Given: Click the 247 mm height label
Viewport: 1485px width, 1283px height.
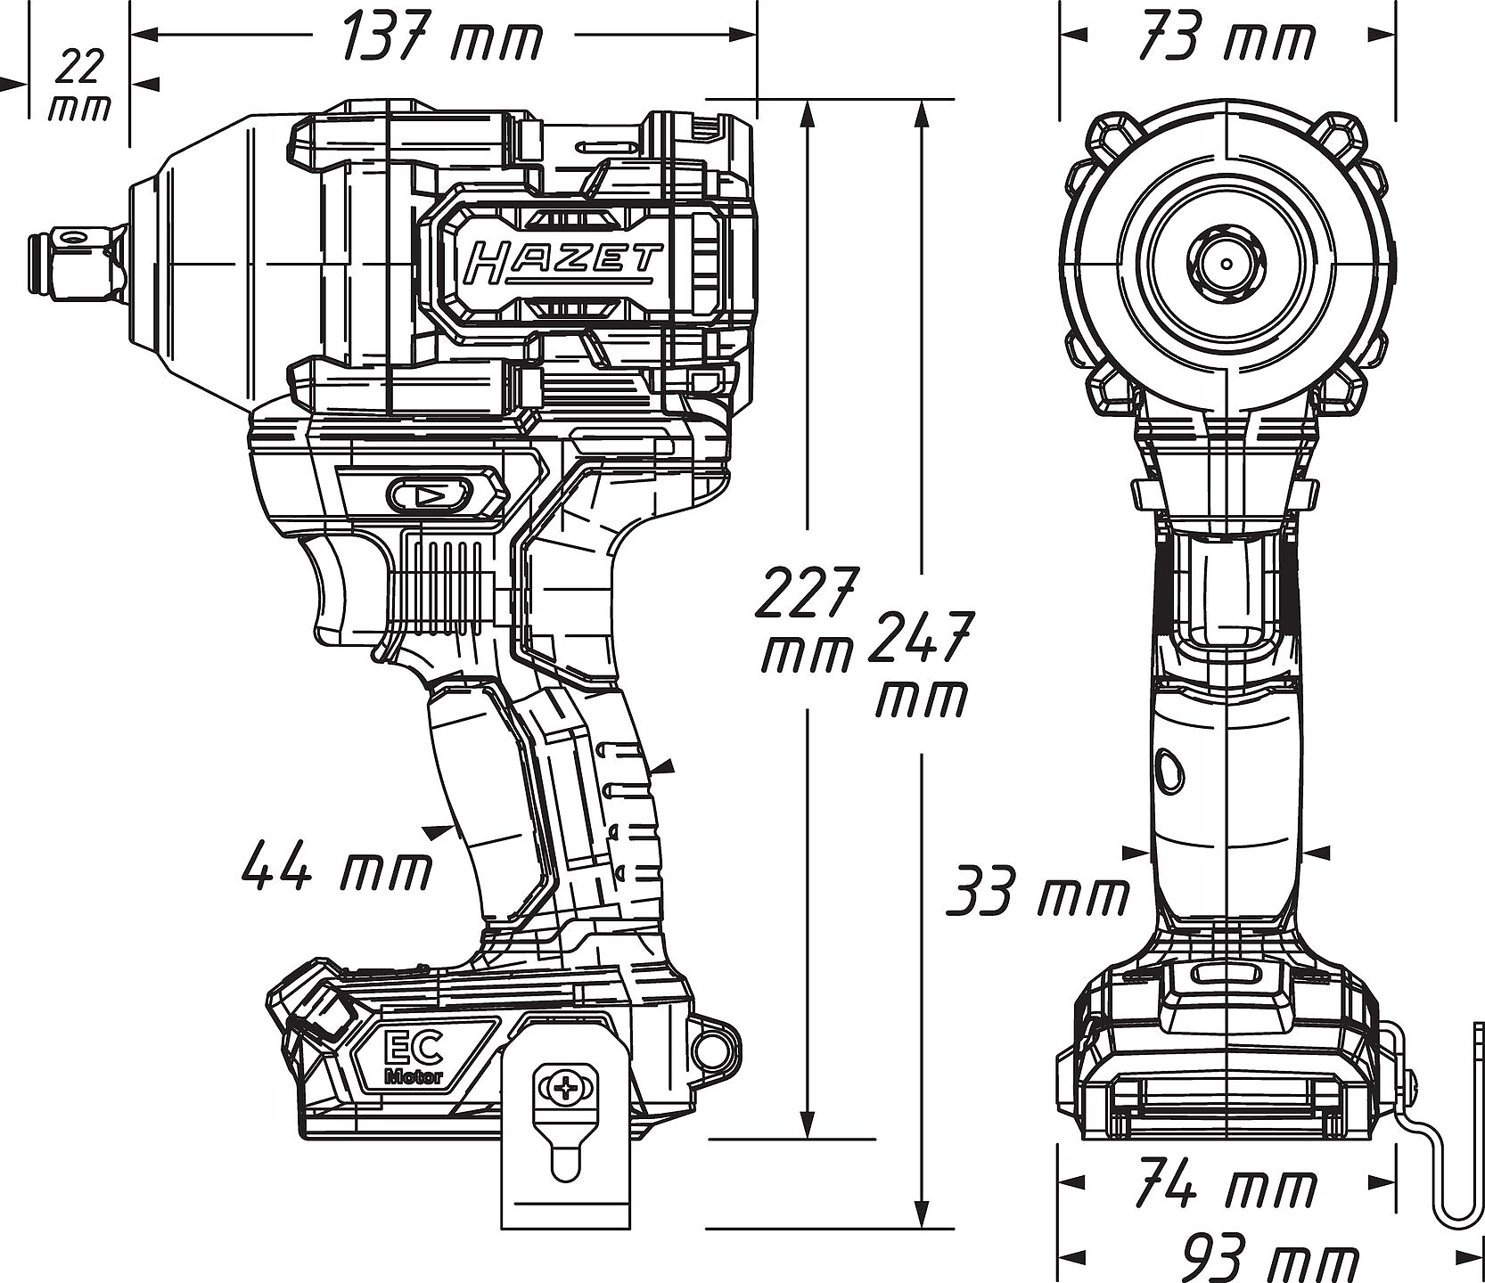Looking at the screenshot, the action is point(919,664).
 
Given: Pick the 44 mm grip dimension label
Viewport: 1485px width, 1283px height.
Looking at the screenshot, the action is point(337,867).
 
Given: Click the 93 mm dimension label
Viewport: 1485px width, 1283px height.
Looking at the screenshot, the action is point(1271,1257).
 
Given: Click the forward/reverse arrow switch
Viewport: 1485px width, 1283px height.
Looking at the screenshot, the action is point(428,494).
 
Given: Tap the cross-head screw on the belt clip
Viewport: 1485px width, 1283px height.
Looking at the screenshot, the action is point(564,1088).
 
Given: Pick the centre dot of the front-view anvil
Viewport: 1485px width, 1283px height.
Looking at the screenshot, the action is point(1227,264).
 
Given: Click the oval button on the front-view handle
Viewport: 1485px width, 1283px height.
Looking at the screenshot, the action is point(1170,770).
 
